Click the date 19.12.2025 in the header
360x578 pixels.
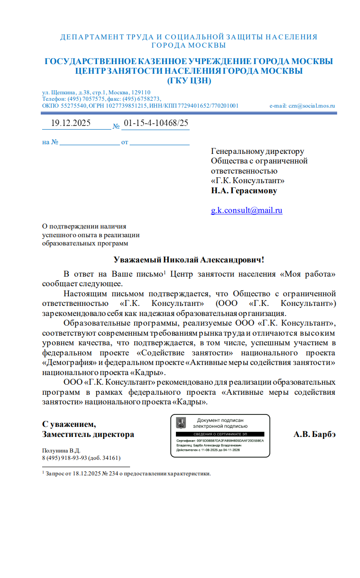(71, 123)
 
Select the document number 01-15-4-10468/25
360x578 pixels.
(156, 123)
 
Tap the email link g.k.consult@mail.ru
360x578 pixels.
(246, 210)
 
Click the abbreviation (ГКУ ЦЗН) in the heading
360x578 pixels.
(189, 81)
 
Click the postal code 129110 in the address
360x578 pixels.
(141, 92)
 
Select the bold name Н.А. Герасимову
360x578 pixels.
(244, 191)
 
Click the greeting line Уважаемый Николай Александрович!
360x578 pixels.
(189, 260)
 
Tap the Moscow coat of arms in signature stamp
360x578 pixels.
(181, 422)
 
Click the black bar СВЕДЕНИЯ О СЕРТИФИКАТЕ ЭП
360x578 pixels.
(220, 434)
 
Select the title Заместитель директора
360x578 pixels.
(88, 434)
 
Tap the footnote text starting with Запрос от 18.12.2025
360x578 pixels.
(128, 473)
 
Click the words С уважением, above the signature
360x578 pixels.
(69, 424)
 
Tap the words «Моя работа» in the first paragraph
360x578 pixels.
(307, 274)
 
